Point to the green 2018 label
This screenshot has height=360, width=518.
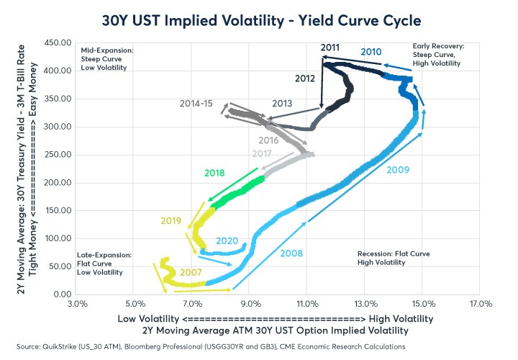[214, 174]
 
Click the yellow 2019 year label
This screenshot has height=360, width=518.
[170, 220]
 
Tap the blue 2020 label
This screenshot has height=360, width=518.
[227, 240]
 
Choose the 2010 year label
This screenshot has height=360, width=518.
[371, 52]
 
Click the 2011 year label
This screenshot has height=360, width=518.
[330, 48]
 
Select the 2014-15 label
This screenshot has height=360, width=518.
[196, 104]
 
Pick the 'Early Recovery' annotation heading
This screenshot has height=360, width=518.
[438, 46]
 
